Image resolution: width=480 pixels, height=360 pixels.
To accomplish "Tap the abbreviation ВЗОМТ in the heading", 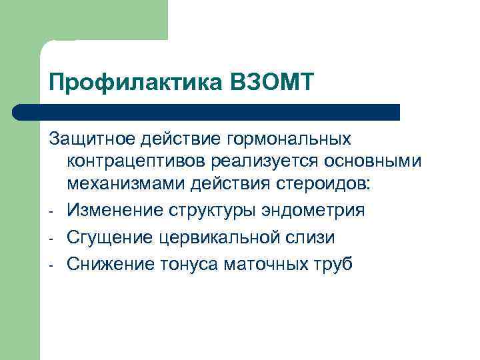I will pyautogui.click(x=270, y=85).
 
